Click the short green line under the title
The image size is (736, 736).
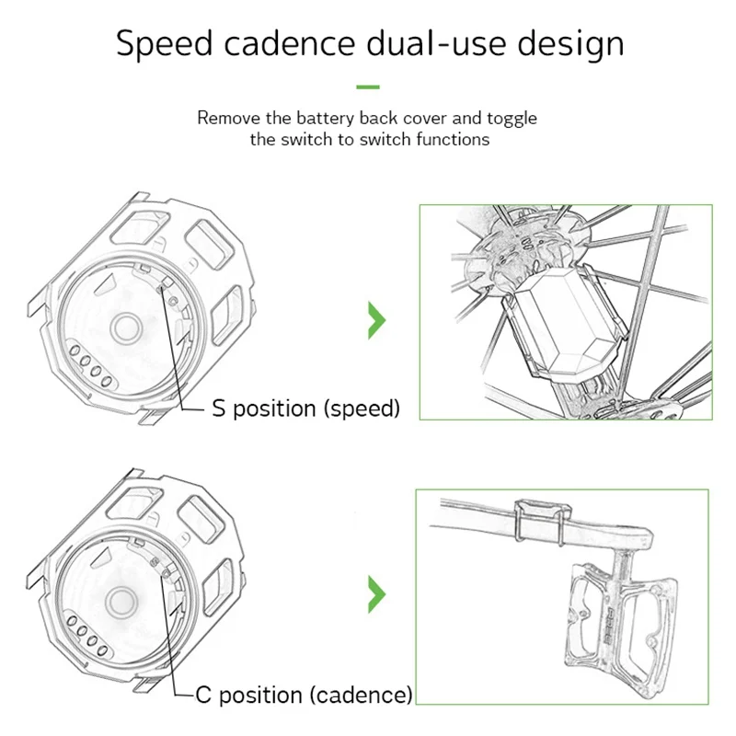pyautogui.click(x=368, y=86)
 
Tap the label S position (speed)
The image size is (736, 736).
pyautogui.click(x=306, y=408)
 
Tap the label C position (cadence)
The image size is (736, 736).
pyautogui.click(x=305, y=695)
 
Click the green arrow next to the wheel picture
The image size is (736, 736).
pyautogui.click(x=376, y=318)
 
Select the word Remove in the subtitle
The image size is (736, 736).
pyautogui.click(x=225, y=119)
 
